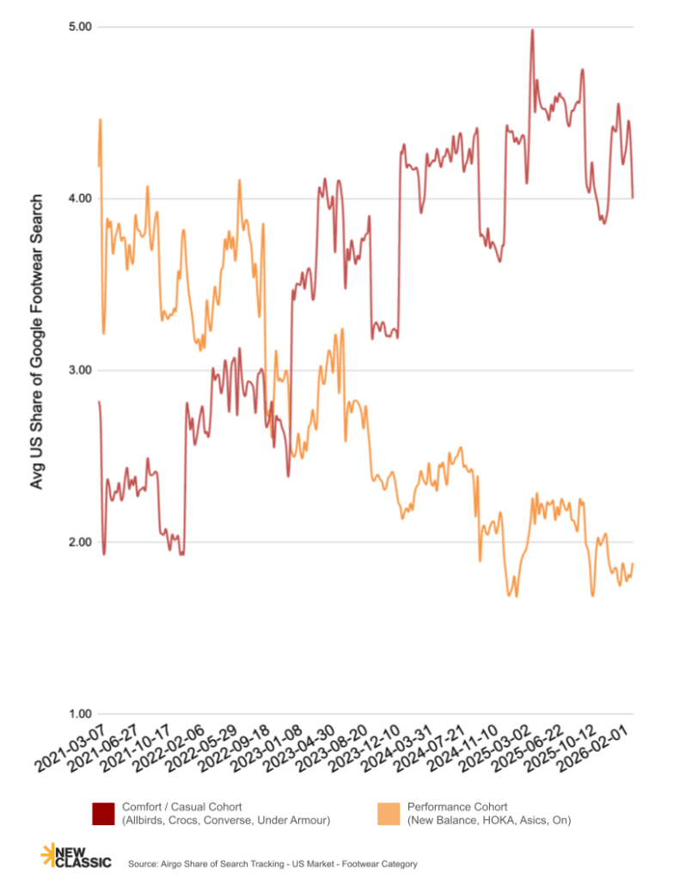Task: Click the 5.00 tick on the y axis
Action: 80,27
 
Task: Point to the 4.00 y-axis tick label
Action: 80,199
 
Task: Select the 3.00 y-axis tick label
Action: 80,370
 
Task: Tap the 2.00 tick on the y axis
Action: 80,542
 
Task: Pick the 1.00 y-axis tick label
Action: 80,714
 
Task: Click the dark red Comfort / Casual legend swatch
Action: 103,813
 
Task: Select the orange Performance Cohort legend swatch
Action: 389,813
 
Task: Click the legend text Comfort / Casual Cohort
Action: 181,807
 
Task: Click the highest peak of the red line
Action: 532,30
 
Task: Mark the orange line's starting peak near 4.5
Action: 101,120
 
